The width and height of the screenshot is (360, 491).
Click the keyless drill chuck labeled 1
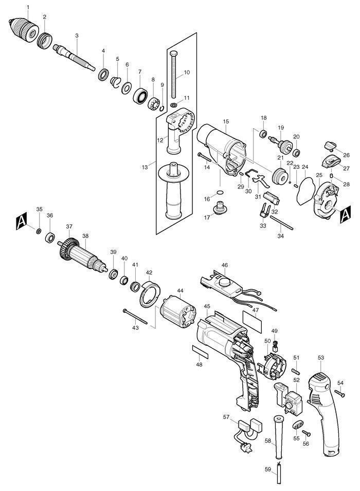(23, 28)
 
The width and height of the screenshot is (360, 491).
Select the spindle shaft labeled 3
(75, 57)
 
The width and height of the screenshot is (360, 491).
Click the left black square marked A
(21, 222)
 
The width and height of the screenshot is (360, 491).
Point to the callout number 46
(224, 265)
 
